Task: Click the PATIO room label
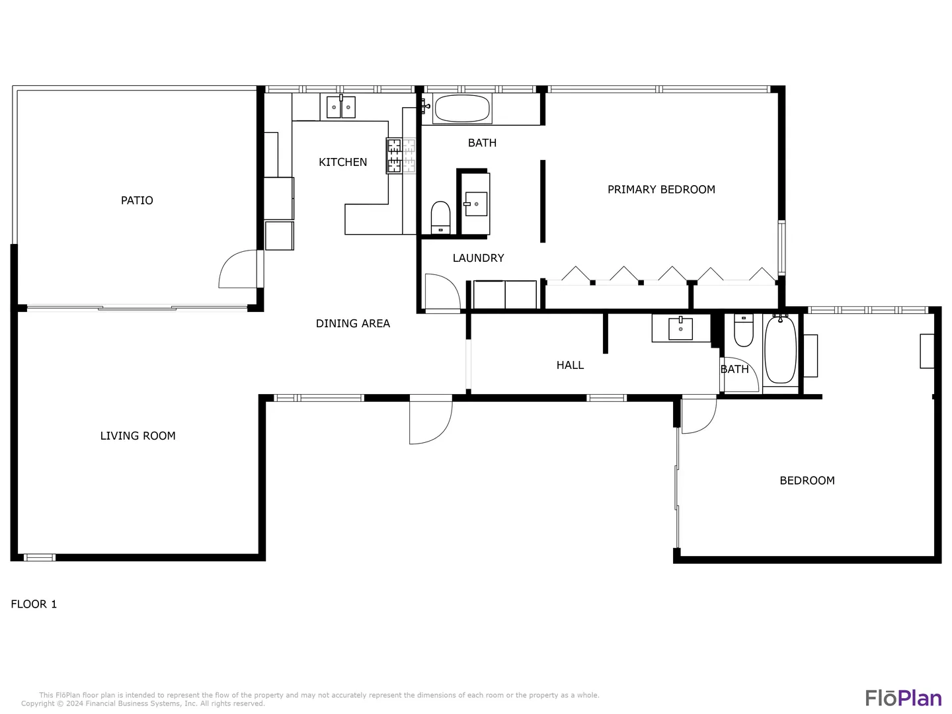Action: coord(137,200)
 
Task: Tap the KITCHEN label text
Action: coord(342,162)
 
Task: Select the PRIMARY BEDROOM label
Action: coord(661,190)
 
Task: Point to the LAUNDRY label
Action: coord(478,258)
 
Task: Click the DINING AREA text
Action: coord(352,323)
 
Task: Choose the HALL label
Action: coord(570,365)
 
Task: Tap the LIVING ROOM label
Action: coord(138,436)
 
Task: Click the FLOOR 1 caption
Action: coord(34,604)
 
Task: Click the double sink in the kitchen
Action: coord(341,107)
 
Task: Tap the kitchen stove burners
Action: coord(394,155)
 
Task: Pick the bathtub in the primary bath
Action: coord(462,108)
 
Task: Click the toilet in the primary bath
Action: coord(441,218)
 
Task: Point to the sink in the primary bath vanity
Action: coord(476,204)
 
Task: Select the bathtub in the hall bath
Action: coord(780,350)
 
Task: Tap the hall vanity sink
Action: coord(680,329)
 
